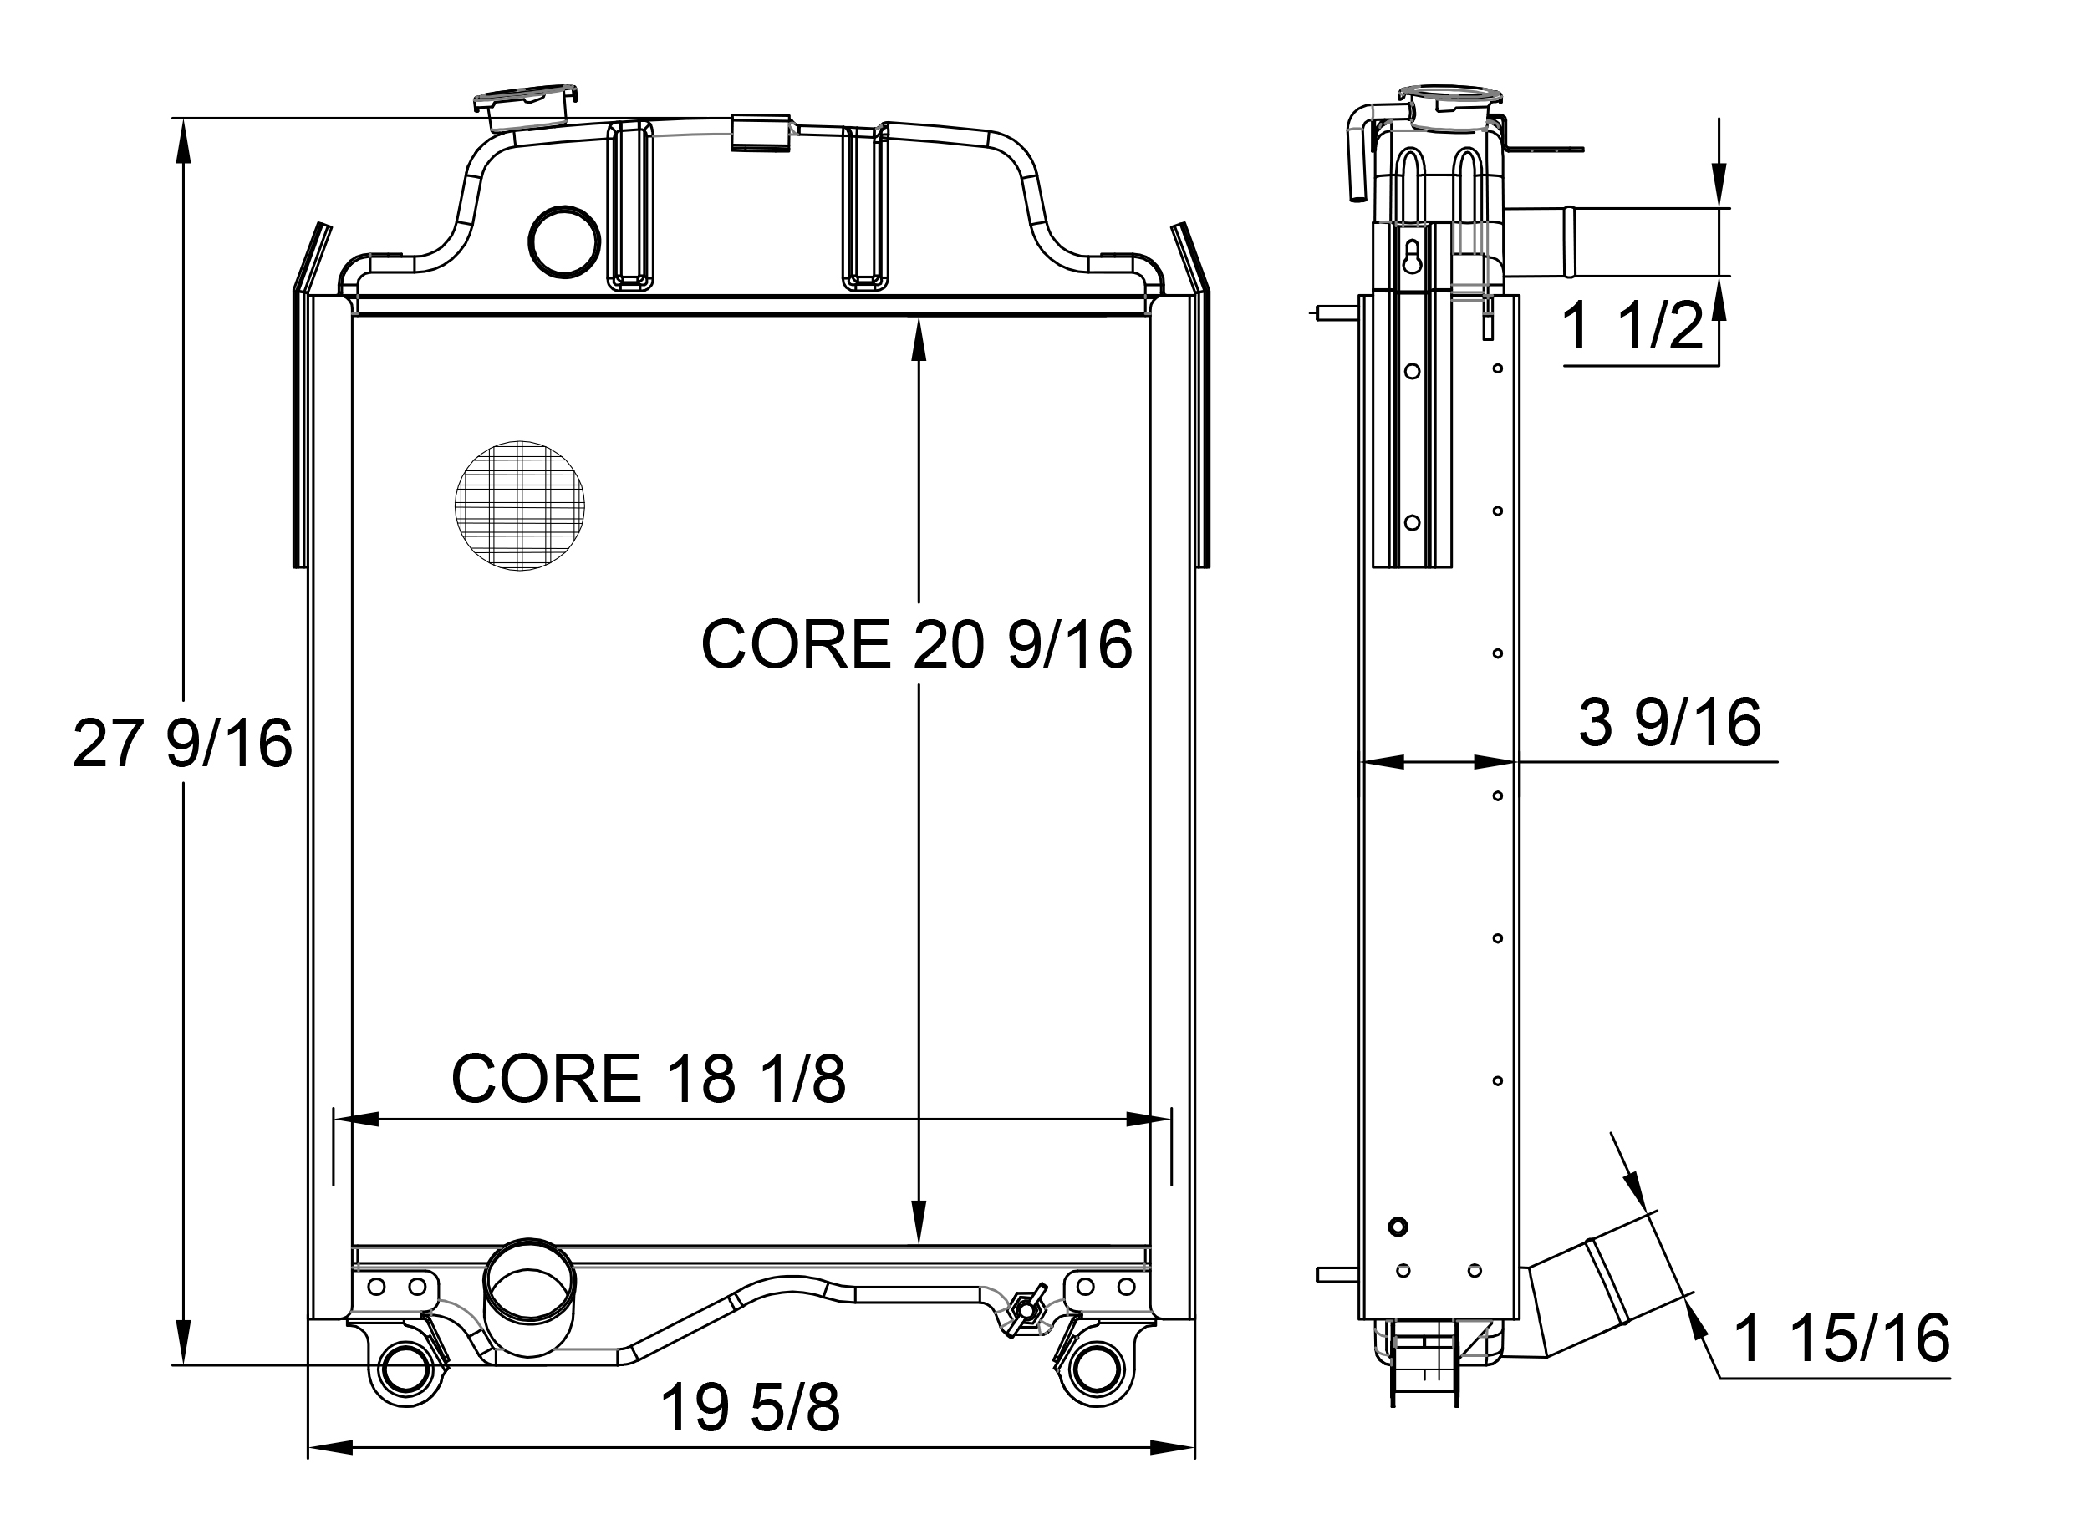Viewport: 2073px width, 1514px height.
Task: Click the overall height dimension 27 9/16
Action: pyautogui.click(x=182, y=744)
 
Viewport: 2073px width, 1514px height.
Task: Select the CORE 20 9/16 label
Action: pyautogui.click(x=916, y=644)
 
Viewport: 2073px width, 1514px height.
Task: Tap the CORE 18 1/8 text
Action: pyautogui.click(x=648, y=1079)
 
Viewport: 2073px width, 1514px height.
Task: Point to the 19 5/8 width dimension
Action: pyautogui.click(x=750, y=1409)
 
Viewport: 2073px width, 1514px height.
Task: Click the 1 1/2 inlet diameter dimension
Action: pyautogui.click(x=1632, y=325)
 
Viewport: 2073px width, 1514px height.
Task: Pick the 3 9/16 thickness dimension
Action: pyautogui.click(x=1669, y=723)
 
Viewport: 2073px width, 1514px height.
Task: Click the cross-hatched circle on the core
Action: pyautogui.click(x=520, y=505)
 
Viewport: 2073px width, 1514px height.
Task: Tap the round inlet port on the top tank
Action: pyautogui.click(x=564, y=241)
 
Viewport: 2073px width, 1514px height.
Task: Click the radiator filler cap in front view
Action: pyautogui.click(x=527, y=106)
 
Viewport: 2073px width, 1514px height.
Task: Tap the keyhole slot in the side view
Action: pyautogui.click(x=1412, y=257)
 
